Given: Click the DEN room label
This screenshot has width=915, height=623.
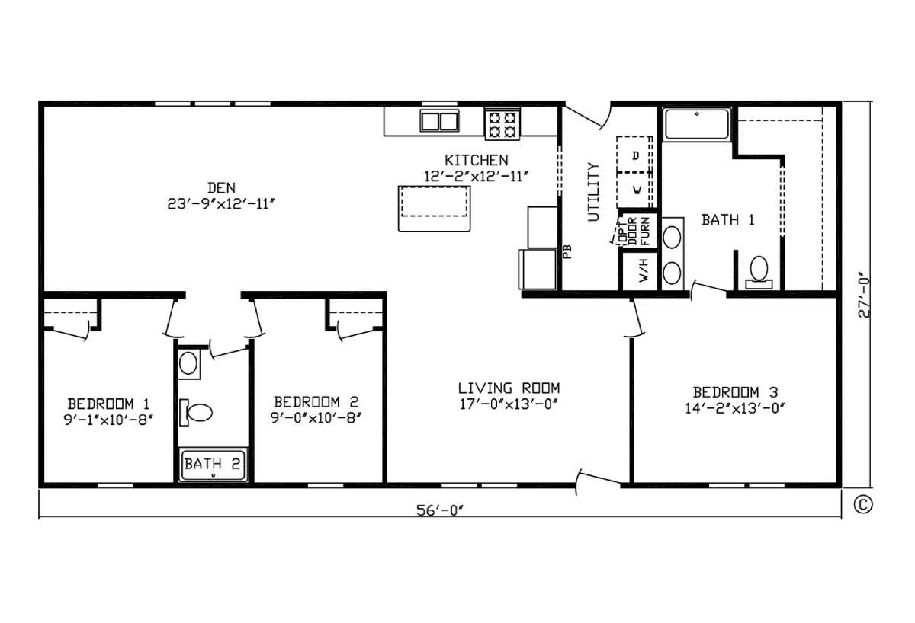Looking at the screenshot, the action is [221, 188].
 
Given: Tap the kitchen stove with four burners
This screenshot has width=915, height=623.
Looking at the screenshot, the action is [502, 124].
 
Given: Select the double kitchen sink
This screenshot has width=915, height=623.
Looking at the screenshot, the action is [439, 121].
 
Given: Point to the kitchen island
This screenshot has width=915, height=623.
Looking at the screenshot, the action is [434, 209].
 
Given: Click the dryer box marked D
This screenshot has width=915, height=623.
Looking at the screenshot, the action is [634, 155].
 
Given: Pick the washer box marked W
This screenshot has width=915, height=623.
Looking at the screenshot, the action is [634, 190].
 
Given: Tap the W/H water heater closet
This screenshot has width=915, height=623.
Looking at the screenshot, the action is [640, 270].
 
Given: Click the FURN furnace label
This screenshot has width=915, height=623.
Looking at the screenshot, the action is [645, 232].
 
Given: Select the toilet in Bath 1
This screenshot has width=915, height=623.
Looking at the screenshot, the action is [759, 273].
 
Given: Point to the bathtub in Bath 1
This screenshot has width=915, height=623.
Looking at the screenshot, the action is [697, 124].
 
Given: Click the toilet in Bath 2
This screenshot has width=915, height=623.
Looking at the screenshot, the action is [196, 413].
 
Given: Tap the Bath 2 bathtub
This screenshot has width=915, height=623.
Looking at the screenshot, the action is [213, 465].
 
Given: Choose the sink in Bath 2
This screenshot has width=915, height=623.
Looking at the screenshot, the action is [189, 363].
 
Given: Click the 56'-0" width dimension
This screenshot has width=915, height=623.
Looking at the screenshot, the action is [441, 510].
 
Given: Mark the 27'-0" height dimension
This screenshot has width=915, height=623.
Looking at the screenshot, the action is [863, 295].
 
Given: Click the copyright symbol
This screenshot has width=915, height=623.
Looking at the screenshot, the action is [863, 504].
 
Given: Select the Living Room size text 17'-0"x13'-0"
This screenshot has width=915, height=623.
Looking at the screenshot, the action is [509, 404].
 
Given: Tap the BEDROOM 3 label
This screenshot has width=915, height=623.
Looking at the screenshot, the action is [735, 392].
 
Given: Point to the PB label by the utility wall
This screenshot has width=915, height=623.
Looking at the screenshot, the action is [567, 252].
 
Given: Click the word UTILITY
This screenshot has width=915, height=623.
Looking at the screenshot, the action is [593, 192].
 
